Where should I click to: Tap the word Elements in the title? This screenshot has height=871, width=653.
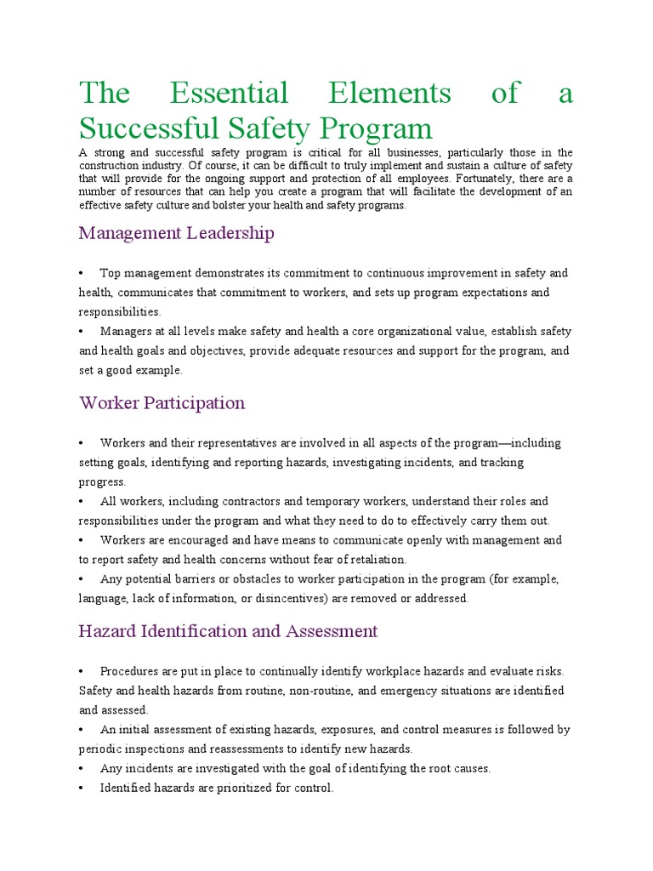[389, 93]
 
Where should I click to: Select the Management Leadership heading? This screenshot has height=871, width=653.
[176, 232]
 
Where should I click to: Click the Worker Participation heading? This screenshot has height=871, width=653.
[162, 402]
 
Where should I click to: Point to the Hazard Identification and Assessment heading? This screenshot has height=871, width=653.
[228, 631]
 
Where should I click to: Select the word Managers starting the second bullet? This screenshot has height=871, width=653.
[125, 331]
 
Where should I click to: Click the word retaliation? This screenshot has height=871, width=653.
[374, 559]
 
